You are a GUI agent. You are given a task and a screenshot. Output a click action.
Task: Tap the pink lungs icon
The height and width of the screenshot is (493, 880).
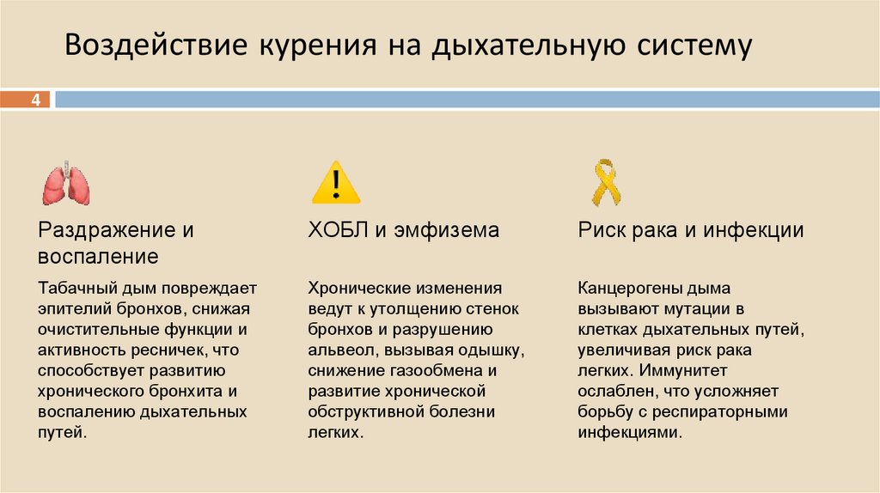(66, 183)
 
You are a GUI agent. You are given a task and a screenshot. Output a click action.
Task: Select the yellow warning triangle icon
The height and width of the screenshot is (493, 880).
(335, 183)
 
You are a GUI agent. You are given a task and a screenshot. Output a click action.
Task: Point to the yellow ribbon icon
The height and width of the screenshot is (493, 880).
(605, 181)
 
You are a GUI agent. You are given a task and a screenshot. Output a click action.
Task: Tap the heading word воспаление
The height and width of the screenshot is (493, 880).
(97, 256)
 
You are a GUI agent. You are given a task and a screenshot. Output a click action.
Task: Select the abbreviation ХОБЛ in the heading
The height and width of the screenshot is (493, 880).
(335, 230)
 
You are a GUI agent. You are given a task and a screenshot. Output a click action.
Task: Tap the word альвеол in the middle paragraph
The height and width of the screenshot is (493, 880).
(339, 350)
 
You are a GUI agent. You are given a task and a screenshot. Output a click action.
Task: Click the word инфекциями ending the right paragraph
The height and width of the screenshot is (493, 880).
(629, 432)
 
